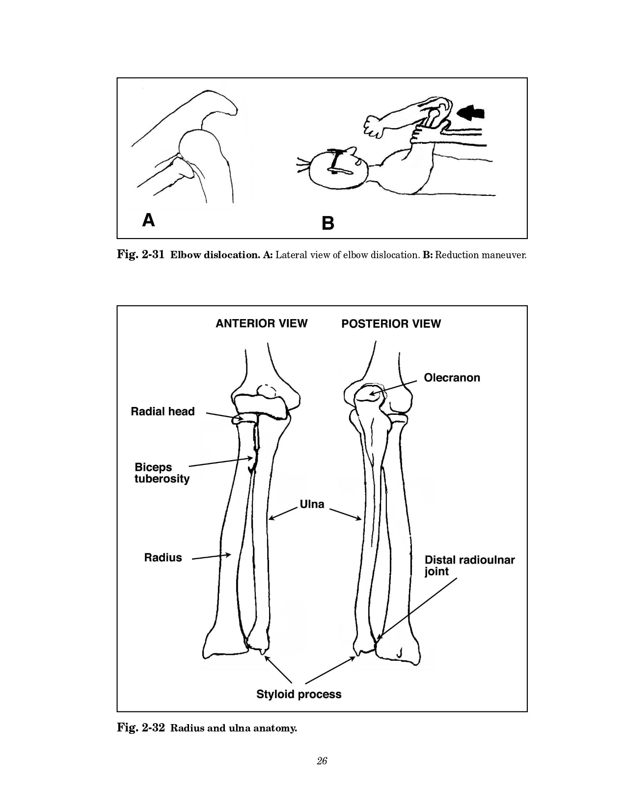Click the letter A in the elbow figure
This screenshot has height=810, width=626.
click(148, 220)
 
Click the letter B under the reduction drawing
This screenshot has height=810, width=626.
click(328, 224)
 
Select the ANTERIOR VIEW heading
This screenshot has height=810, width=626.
click(261, 324)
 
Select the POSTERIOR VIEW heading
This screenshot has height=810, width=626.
click(391, 324)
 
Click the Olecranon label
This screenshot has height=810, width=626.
click(452, 378)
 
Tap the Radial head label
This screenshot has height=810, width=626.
click(163, 411)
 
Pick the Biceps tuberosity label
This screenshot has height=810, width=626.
click(162, 473)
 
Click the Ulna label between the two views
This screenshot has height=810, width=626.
click(312, 504)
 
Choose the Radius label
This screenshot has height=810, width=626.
click(163, 558)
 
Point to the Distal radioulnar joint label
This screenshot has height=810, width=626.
click(469, 566)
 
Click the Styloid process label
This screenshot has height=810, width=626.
click(299, 694)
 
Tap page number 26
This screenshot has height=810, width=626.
click(322, 761)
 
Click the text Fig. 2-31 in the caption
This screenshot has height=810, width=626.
click(140, 255)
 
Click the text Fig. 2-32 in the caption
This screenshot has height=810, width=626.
click(140, 728)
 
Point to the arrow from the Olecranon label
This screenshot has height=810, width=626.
click(395, 387)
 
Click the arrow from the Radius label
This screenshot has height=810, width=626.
click(211, 556)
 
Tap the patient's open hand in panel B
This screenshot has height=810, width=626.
click(374, 126)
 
